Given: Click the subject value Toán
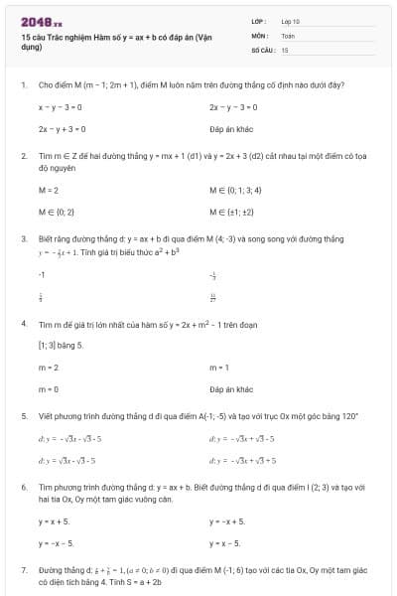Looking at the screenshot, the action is click(288, 35).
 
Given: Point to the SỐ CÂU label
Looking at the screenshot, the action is click(261, 49).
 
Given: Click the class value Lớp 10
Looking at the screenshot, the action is click(290, 21).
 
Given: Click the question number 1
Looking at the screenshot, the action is click(23, 85).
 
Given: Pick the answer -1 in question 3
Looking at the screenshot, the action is click(42, 272).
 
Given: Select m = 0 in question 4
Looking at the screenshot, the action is click(49, 389).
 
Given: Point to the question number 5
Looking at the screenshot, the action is click(23, 417).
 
